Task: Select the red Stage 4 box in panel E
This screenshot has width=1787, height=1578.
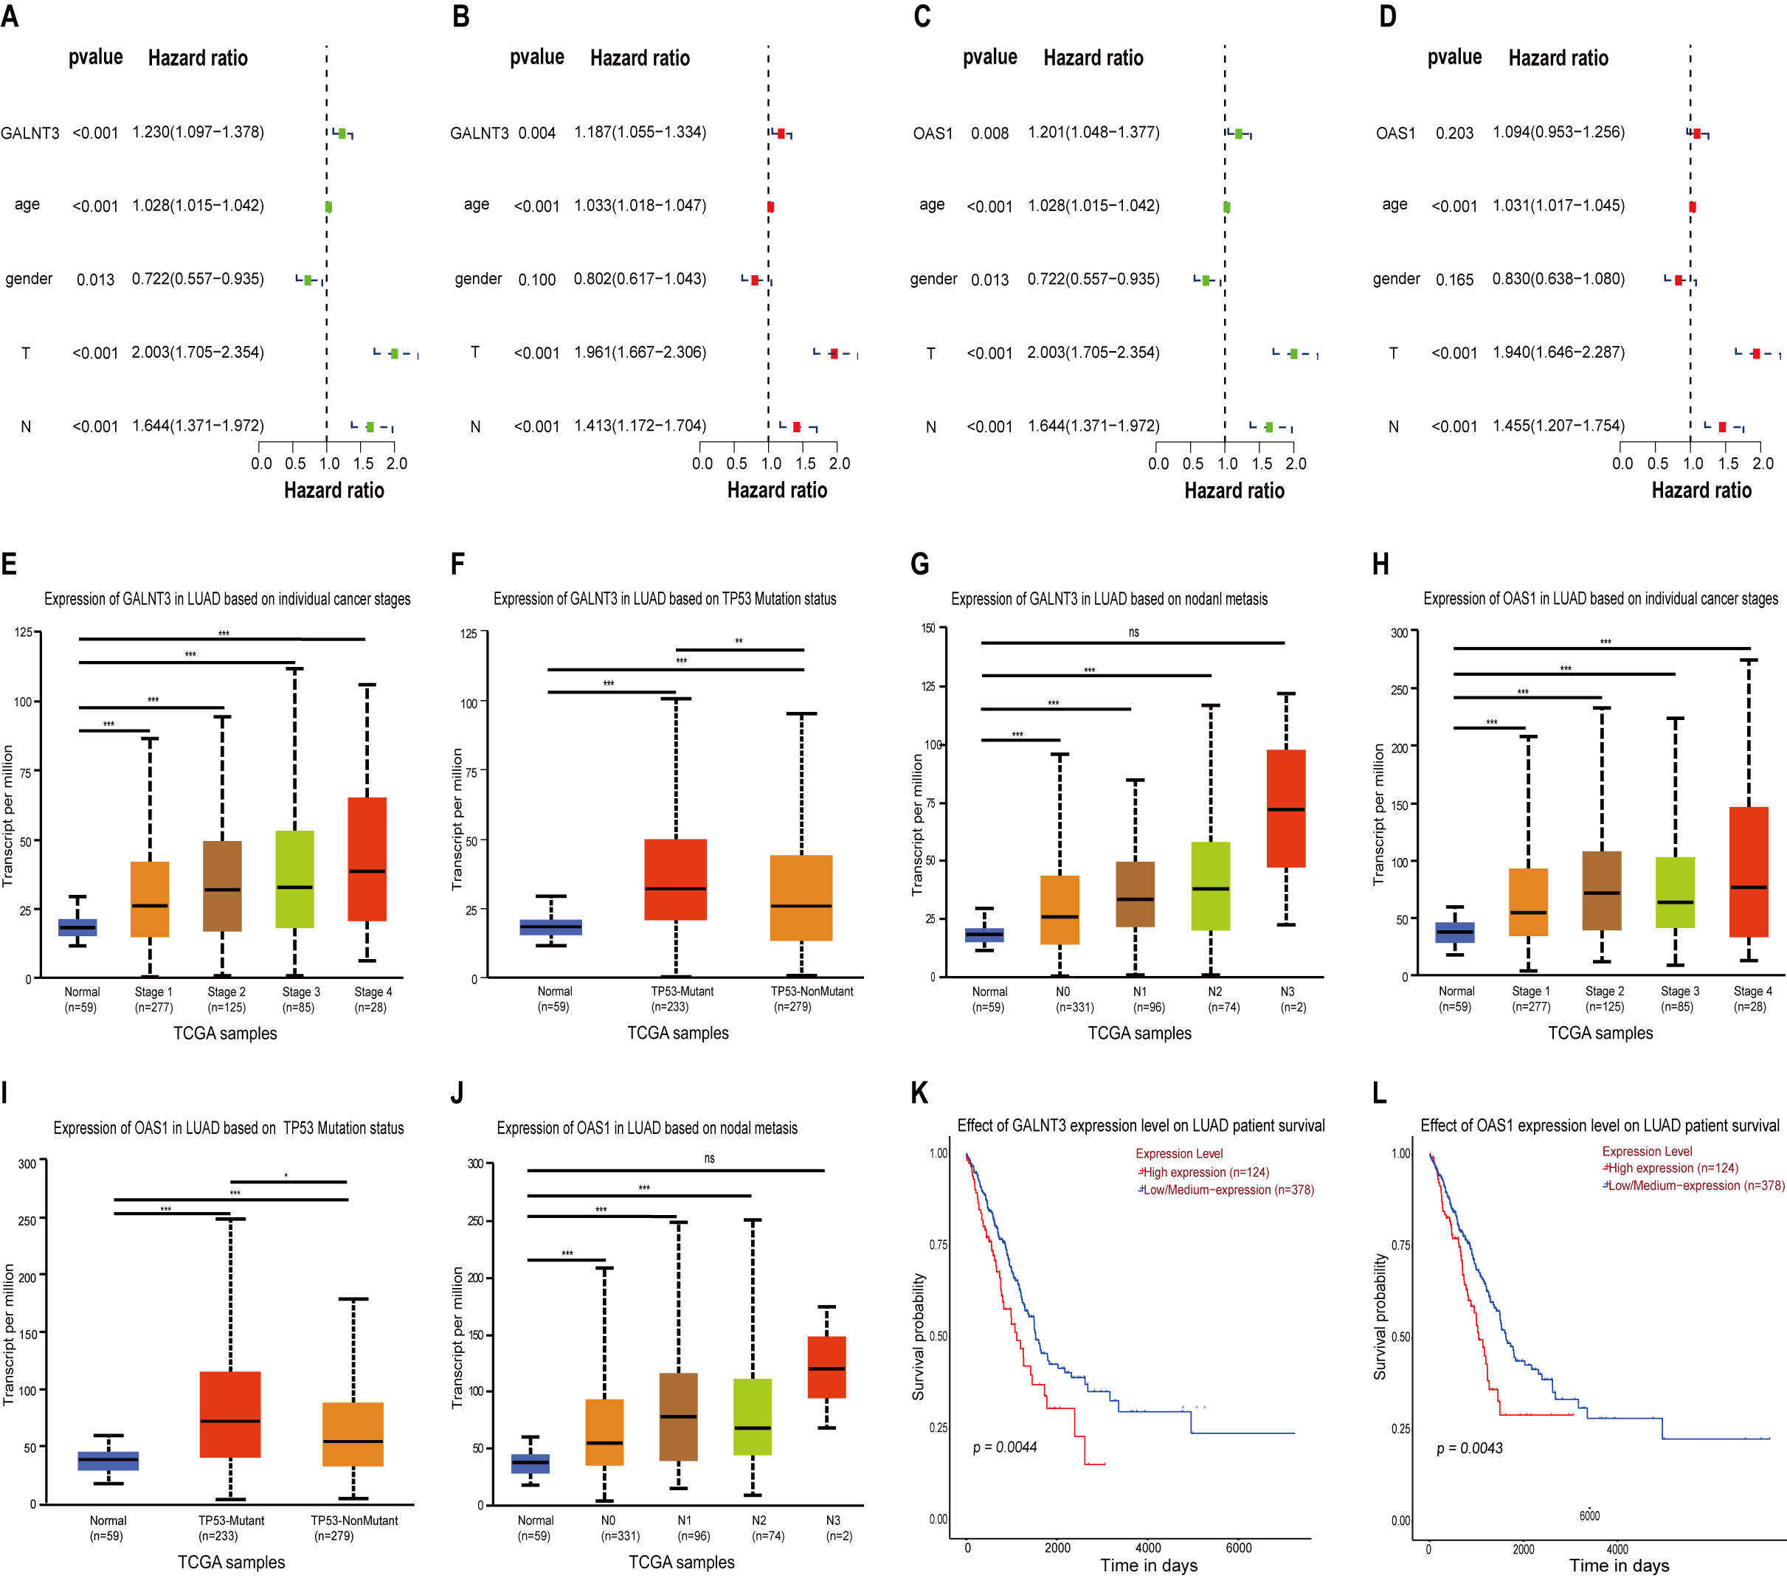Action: (x=367, y=859)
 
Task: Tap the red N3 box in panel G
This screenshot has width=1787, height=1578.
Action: (x=1286, y=808)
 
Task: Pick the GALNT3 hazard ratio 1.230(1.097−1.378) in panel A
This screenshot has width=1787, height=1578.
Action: (x=198, y=132)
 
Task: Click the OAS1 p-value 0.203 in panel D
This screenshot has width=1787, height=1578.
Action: (x=1454, y=133)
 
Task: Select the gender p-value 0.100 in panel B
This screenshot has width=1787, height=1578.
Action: (x=537, y=280)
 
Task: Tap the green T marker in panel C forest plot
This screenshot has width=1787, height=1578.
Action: (x=1293, y=353)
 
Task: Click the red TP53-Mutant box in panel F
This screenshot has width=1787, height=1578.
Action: (x=676, y=879)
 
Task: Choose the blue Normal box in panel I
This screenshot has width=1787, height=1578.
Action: (x=108, y=1461)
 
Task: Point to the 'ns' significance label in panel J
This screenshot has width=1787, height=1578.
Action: (x=709, y=1158)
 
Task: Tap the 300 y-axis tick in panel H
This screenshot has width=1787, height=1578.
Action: (x=1399, y=632)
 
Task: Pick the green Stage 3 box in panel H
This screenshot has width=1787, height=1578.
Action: (x=1675, y=892)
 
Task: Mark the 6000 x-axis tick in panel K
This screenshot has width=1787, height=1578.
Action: (x=1238, y=1548)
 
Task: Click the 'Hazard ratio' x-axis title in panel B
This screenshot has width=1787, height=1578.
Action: (x=776, y=491)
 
